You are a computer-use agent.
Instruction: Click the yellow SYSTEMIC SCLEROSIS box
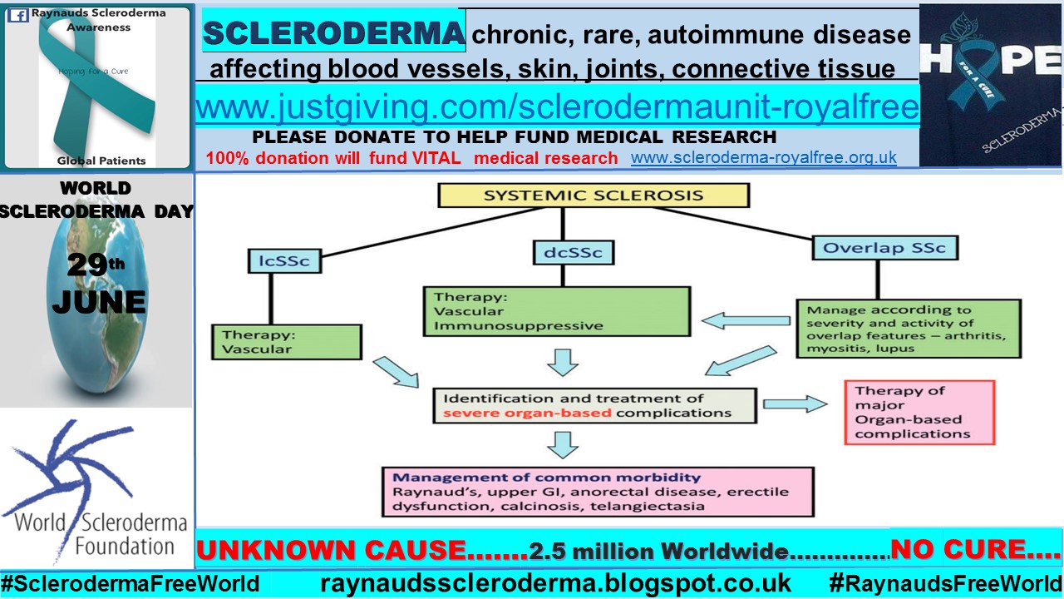tap(594, 196)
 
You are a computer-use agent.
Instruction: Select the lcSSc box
tap(283, 260)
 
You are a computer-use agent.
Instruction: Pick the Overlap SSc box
tap(884, 247)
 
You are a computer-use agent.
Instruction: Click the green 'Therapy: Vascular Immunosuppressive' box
tap(556, 311)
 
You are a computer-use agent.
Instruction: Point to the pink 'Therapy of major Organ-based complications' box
tap(919, 412)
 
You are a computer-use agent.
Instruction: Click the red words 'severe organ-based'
tap(527, 413)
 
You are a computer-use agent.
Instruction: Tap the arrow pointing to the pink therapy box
tap(795, 404)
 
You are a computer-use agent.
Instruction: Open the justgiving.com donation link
tap(557, 106)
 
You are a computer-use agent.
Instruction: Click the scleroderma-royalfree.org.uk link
tap(763, 157)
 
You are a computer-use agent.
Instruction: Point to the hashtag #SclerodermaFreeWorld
tap(131, 583)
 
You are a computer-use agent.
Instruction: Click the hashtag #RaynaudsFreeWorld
tap(945, 583)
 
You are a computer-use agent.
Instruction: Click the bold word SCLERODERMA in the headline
tap(333, 33)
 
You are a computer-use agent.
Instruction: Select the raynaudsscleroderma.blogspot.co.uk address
tap(555, 583)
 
